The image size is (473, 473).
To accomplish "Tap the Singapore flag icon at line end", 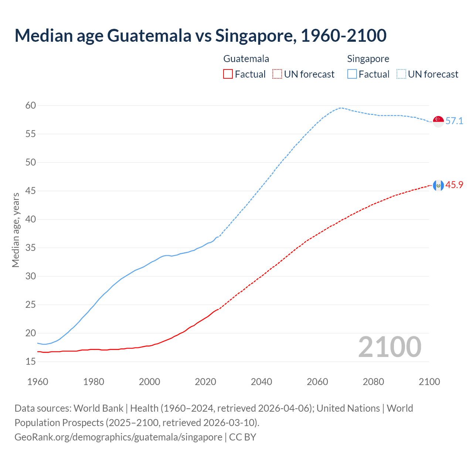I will pos(438,121).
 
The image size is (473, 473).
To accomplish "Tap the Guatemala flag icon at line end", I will pos(438,186).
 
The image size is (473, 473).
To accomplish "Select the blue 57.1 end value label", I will pos(454,121).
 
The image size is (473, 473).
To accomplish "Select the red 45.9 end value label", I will pos(454,185).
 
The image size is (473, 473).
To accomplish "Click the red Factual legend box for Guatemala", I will pos(228,74).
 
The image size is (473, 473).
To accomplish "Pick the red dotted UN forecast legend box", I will pos(277,74).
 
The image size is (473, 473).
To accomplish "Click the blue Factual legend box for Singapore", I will pos(352,74).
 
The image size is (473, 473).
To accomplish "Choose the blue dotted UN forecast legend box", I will pos(401,74).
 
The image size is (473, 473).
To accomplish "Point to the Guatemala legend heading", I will pos(246,59).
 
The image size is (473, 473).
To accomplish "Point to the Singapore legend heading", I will pos(368,59).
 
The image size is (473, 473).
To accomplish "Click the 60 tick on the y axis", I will pos(31,106).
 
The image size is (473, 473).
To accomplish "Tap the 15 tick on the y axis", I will pos(31,361).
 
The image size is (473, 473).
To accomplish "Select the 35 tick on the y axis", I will pos(31,248).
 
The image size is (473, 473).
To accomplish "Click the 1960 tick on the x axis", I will pos(38,382).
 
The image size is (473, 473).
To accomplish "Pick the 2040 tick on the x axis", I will pos(261,382).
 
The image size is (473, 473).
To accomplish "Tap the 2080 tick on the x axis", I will pos(373,382).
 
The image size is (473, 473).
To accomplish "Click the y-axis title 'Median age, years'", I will pos(16,230).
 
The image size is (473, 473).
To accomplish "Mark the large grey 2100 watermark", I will pos(389,347).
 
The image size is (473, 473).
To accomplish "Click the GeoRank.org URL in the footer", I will pos(118,437).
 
